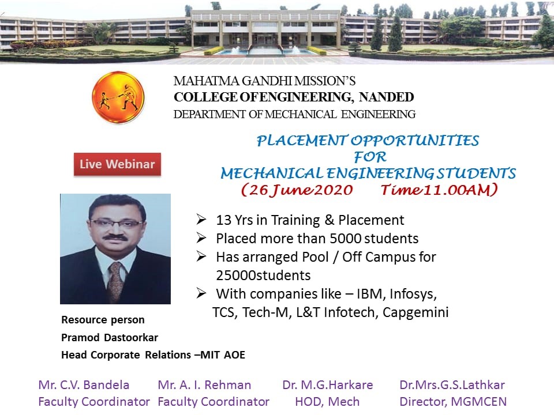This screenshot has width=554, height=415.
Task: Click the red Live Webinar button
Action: click(x=117, y=164)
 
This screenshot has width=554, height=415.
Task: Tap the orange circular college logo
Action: click(x=118, y=97)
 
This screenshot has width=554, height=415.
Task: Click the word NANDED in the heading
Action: click(x=386, y=97)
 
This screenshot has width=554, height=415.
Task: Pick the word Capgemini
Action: click(x=415, y=312)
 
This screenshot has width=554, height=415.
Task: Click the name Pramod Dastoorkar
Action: click(x=110, y=338)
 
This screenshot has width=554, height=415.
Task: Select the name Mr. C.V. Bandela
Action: click(x=84, y=384)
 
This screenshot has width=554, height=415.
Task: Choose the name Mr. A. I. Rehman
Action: click(x=204, y=384)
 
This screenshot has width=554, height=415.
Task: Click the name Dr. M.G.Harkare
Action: click(x=328, y=384)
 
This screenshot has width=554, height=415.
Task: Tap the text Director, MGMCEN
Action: click(x=453, y=402)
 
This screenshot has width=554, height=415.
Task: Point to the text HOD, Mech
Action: click(x=327, y=402)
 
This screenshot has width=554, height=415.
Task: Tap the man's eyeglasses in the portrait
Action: click(x=118, y=223)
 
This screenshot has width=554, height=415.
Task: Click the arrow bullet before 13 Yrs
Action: click(x=201, y=220)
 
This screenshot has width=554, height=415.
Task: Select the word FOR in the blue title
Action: click(x=370, y=157)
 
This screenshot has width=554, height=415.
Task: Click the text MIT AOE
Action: click(x=223, y=354)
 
